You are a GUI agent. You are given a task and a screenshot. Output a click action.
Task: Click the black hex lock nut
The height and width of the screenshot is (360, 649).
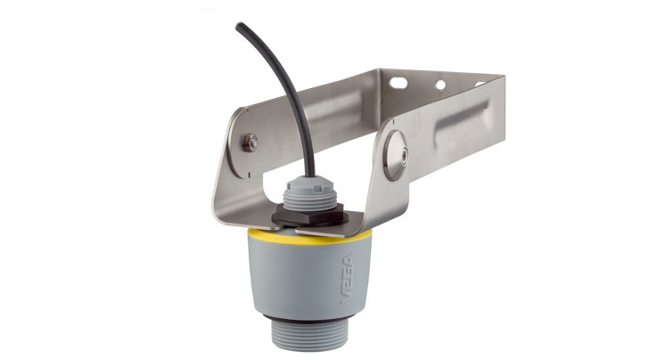pyautogui.click(x=308, y=213)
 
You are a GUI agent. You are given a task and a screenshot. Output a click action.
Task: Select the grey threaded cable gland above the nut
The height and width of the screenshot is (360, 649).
pyautogui.click(x=308, y=191)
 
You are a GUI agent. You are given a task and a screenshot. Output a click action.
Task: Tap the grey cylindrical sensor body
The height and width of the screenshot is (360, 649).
pyautogui.click(x=303, y=276)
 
